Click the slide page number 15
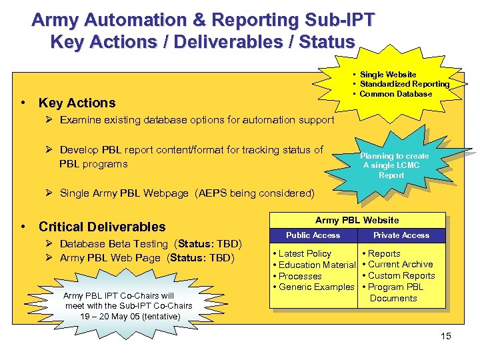(x=446, y=336)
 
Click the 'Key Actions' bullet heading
(x=77, y=103)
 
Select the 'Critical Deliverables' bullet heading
(x=102, y=227)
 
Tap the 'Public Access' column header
(x=313, y=235)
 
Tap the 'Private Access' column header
(x=401, y=235)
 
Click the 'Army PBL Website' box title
(x=357, y=220)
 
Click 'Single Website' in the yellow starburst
(x=388, y=75)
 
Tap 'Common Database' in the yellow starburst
(x=396, y=94)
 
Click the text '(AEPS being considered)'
(x=255, y=193)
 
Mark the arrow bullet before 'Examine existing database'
(x=51, y=120)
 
